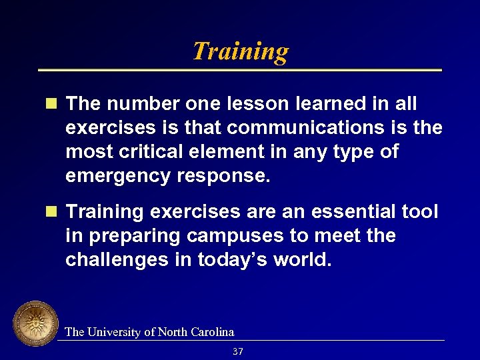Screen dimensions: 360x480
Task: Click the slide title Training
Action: (240, 51)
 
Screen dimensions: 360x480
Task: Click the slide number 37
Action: (238, 351)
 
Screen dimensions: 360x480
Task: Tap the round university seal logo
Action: (35, 324)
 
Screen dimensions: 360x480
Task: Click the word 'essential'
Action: (331, 212)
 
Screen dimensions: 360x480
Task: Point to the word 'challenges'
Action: (117, 260)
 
